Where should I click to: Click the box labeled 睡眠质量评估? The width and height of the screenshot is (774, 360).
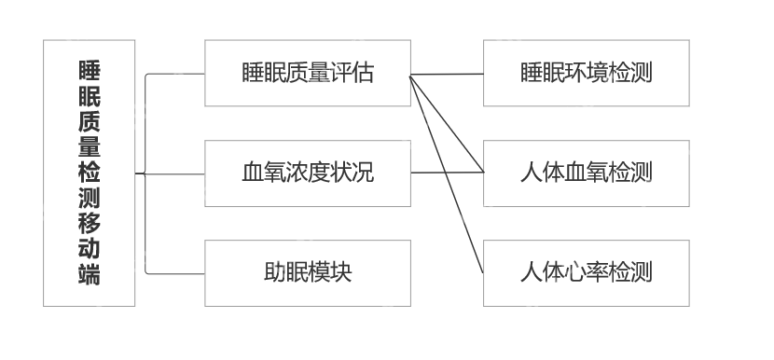307,73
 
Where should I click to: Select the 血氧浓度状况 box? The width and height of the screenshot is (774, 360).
307,173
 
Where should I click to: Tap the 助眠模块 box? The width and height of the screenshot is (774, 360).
307,272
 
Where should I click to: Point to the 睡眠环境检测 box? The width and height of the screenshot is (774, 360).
586,73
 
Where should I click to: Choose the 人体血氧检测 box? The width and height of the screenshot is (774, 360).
586,173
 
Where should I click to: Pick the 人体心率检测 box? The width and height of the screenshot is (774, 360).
586,272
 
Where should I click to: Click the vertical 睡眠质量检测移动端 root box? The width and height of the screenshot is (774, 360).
89,173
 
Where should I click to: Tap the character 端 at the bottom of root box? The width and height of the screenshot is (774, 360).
90,274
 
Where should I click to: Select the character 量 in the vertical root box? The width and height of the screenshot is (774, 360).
90,148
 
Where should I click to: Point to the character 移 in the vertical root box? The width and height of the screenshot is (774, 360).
90,224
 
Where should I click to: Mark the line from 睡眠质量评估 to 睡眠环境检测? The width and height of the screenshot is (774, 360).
448,74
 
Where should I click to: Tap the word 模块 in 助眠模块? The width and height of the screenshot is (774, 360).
331,272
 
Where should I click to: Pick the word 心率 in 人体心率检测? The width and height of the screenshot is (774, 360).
586,272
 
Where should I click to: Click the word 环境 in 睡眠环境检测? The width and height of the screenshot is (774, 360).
586,73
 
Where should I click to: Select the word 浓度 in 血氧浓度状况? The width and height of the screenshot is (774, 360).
307,173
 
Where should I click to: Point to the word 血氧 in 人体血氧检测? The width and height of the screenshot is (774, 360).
586,173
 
